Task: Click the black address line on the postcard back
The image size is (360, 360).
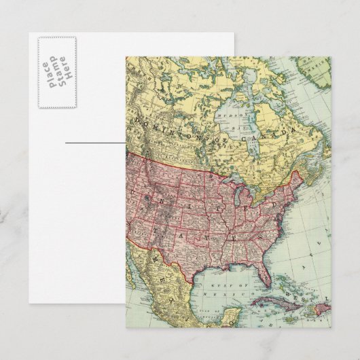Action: coord(95,142)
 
